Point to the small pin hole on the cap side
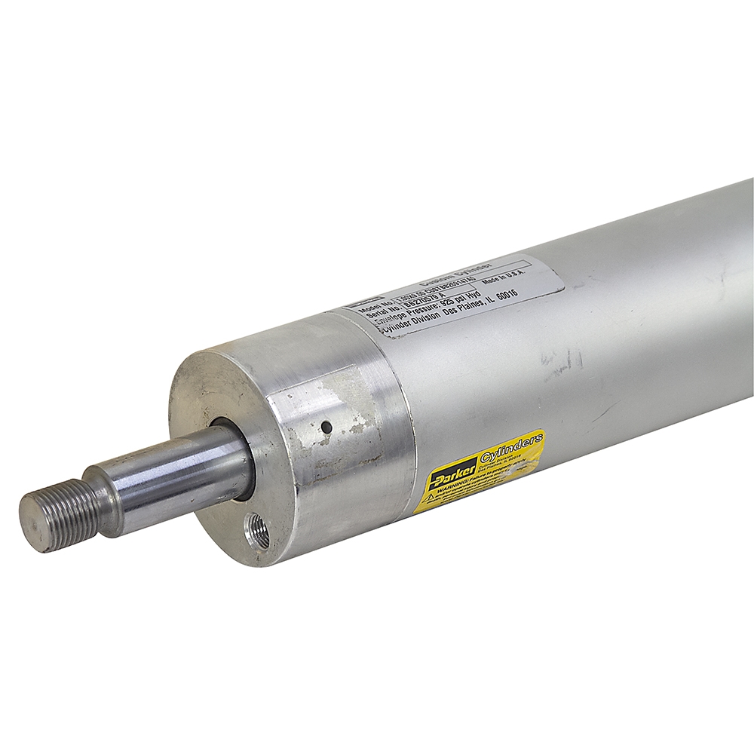click(x=326, y=427)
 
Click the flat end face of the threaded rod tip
click(x=30, y=524)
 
